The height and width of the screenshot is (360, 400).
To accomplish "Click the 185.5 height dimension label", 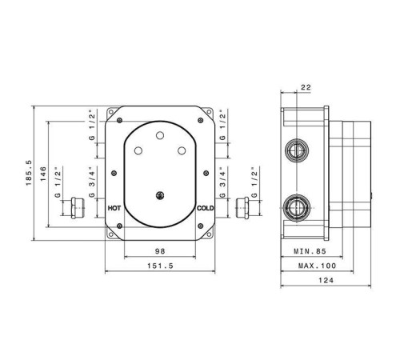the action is [29, 173].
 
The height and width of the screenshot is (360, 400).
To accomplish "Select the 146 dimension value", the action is [43, 174].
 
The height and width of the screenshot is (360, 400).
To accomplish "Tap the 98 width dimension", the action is [160, 251].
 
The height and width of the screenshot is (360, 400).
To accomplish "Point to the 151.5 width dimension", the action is [160, 266].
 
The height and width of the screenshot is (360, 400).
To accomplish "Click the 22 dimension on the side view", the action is [306, 87].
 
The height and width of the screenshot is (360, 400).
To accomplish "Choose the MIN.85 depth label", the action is [310, 251].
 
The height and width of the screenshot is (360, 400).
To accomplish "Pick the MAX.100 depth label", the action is [317, 266].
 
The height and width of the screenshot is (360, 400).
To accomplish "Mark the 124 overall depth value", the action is [326, 280].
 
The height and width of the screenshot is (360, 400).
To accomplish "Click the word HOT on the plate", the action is [114, 208].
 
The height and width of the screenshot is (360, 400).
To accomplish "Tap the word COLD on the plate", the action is [206, 208].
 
